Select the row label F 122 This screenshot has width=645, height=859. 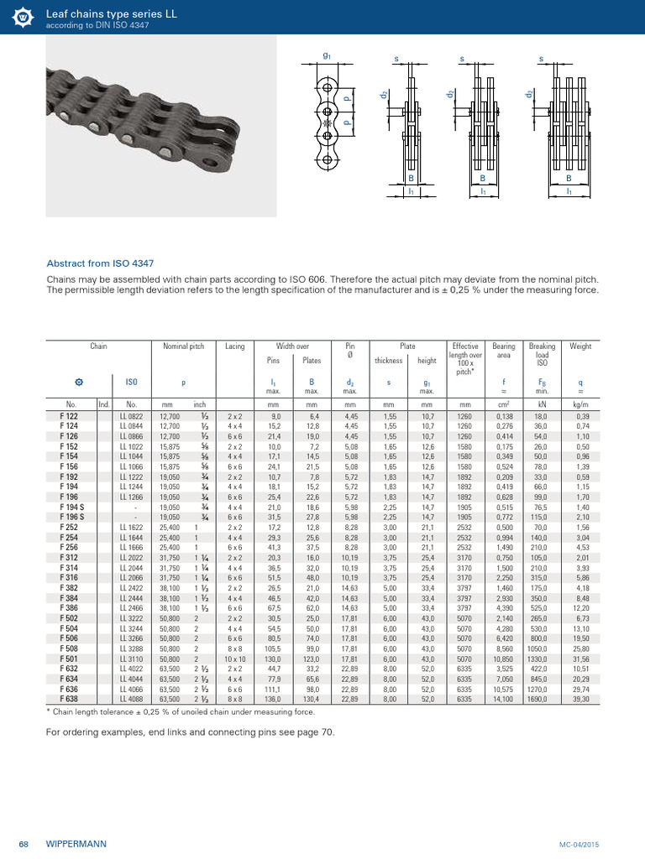click(x=70, y=416)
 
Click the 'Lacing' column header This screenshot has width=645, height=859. click(x=235, y=346)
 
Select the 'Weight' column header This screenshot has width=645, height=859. click(x=580, y=346)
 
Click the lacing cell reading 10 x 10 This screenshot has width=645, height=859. click(x=235, y=660)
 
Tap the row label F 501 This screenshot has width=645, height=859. click(x=70, y=660)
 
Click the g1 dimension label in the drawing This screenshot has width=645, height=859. click(x=327, y=55)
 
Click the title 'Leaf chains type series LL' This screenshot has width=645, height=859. click(x=100, y=11)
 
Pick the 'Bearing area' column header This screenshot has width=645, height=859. click(x=504, y=350)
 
